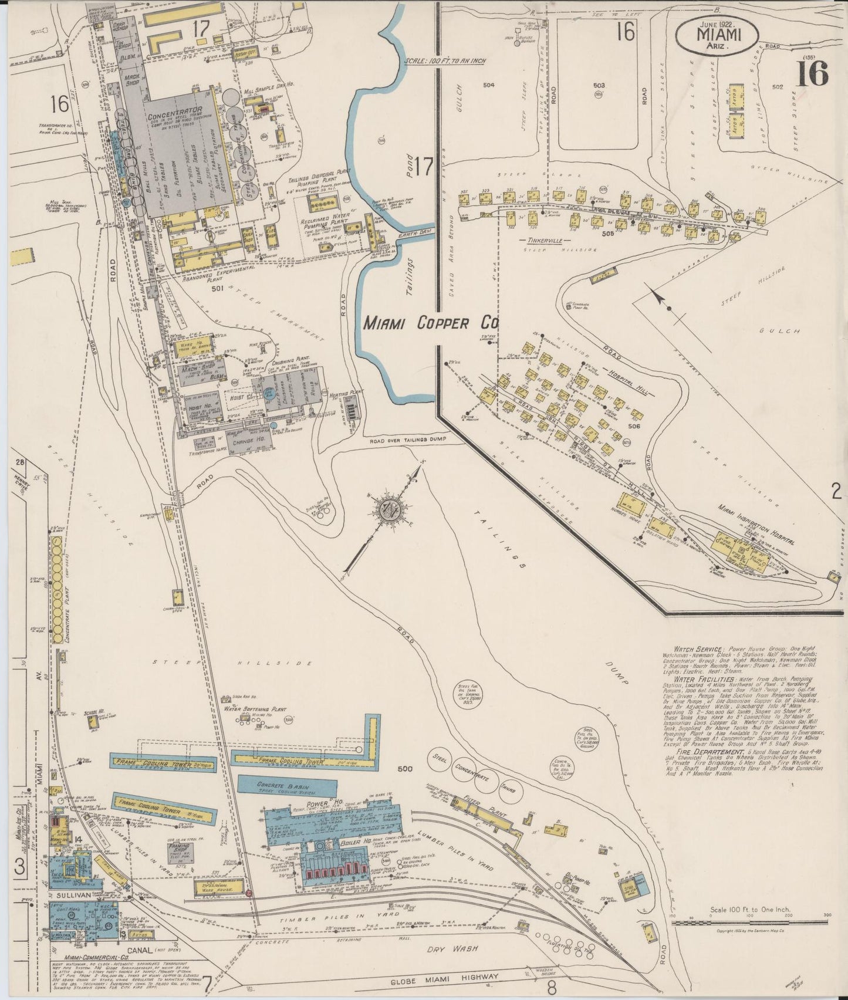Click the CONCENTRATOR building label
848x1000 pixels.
pyautogui.click(x=175, y=110)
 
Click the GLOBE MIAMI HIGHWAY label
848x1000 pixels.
pyautogui.click(x=445, y=978)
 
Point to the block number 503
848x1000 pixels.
pyautogui.click(x=599, y=86)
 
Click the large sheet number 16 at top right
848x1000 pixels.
pyautogui.click(x=812, y=73)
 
